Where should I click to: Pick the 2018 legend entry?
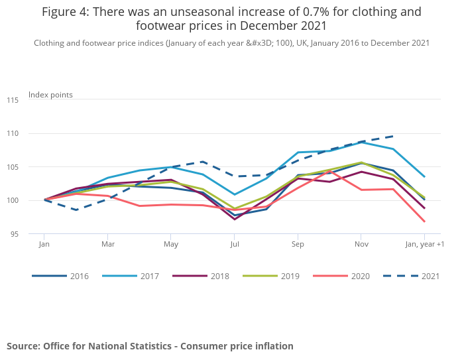[x=211, y=276]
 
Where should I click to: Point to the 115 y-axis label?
[x=13, y=100]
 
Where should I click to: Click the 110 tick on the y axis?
[x=13, y=134]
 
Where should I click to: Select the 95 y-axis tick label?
[x=14, y=234]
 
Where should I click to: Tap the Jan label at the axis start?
[x=44, y=244]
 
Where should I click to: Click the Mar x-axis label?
[x=107, y=244]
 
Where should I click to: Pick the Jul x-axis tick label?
[x=235, y=244]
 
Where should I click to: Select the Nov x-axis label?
[x=361, y=244]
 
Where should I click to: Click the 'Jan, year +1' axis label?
[x=424, y=244]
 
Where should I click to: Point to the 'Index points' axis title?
[x=50, y=95]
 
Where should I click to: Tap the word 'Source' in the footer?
[x=23, y=346]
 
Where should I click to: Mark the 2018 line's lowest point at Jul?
[x=235, y=219]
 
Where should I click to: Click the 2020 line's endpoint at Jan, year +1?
[x=424, y=221]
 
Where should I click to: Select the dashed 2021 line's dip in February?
[x=76, y=210]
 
